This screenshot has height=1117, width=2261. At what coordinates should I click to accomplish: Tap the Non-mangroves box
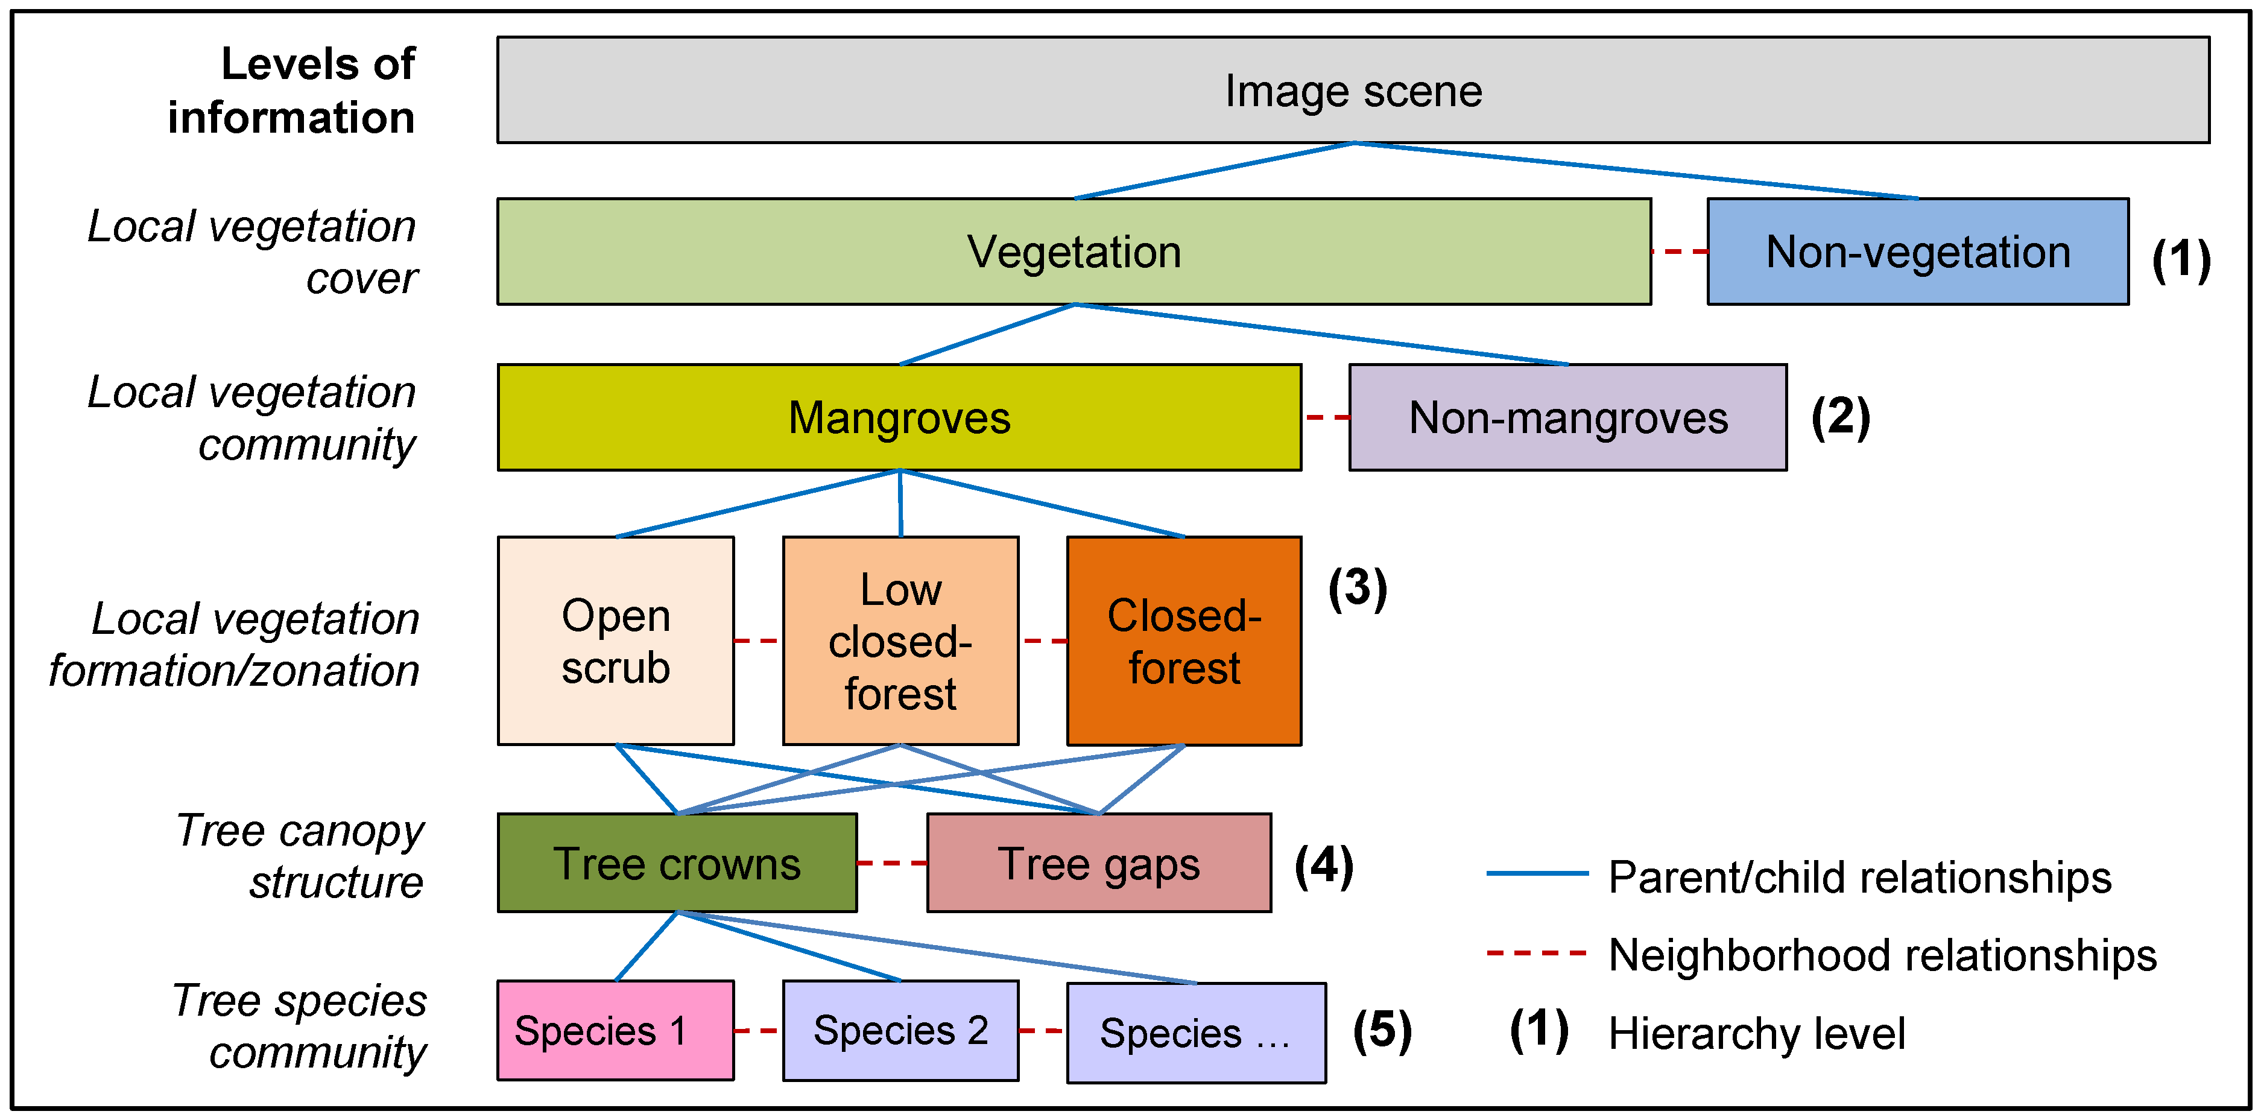pos(1567,417)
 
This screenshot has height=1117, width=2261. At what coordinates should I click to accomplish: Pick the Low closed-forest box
pos(900,641)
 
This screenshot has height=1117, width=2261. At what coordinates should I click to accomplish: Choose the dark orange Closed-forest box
pos(1183,641)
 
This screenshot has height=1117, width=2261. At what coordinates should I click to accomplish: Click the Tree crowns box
pos(676,864)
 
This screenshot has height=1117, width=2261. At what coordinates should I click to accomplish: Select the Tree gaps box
pos(1098,864)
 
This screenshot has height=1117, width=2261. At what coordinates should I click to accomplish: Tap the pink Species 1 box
pos(615,1030)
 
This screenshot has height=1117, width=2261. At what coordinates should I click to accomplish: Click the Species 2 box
pos(900,1030)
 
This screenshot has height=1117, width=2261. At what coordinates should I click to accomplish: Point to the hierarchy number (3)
pos(1357,588)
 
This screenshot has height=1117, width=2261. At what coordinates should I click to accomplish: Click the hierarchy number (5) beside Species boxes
pos(1382,1030)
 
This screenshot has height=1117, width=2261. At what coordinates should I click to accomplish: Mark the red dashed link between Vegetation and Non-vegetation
pos(1678,252)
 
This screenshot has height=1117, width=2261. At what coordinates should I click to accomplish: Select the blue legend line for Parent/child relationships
pos(1536,874)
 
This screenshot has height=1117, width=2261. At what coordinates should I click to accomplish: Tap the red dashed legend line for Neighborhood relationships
pos(1536,952)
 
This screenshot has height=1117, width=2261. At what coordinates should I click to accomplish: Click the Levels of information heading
pos(291,90)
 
